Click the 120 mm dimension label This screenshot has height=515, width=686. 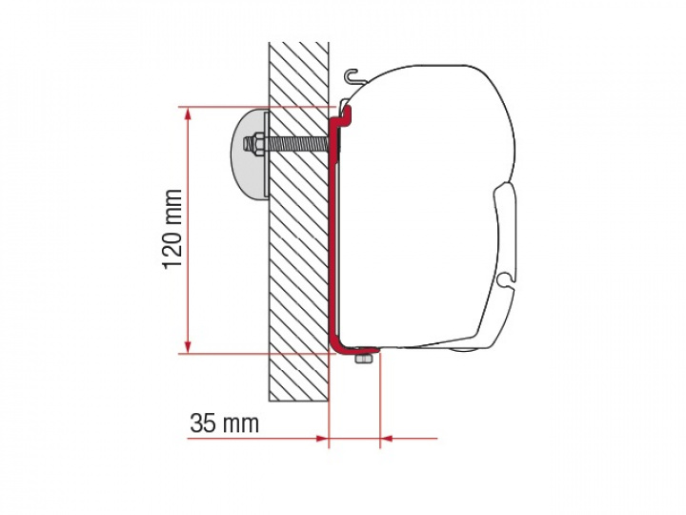click(172, 229)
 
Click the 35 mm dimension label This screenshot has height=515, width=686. click(225, 423)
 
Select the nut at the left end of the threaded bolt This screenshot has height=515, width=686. click(252, 143)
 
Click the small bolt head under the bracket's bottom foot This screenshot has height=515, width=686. click(363, 360)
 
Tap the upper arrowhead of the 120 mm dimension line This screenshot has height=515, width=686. click(188, 114)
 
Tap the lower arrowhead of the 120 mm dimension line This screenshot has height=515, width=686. click(188, 345)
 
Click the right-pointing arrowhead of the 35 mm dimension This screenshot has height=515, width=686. click(322, 438)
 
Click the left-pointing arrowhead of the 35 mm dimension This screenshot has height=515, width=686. click(387, 438)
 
